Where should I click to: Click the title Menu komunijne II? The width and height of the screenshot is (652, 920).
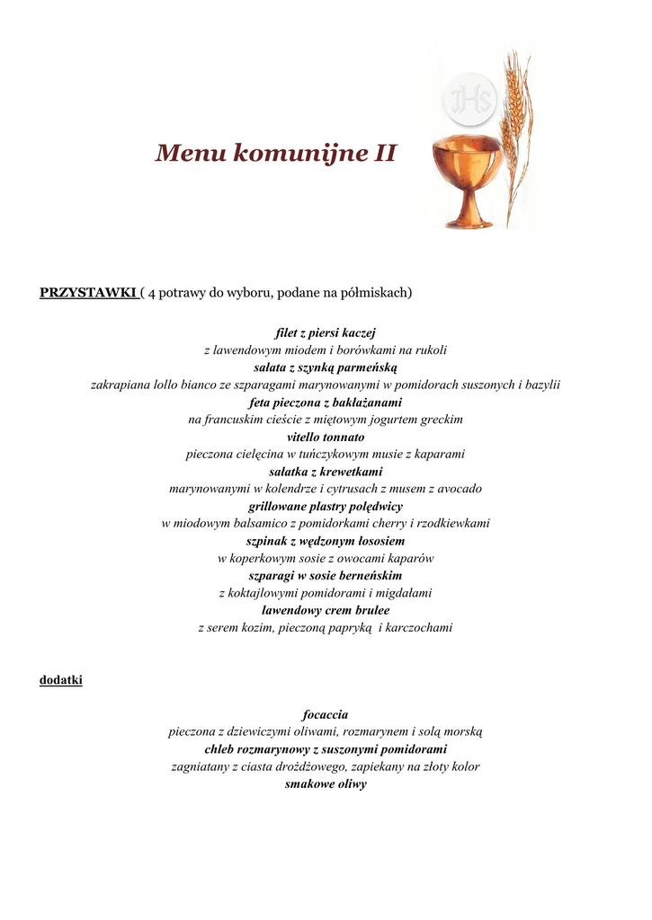click(275, 154)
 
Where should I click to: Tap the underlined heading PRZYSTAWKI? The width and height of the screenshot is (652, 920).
click(87, 293)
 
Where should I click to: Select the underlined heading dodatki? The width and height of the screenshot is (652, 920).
click(61, 680)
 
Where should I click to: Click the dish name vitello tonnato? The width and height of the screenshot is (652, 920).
click(326, 437)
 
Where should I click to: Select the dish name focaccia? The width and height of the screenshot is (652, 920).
click(326, 714)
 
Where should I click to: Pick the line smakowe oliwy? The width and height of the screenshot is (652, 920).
click(326, 784)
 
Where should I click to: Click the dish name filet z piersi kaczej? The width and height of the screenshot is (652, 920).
click(326, 332)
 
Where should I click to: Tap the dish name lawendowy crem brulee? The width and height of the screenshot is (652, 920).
click(326, 611)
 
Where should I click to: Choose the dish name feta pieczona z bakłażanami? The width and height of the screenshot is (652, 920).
click(326, 402)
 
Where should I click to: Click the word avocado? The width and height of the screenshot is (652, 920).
click(458, 489)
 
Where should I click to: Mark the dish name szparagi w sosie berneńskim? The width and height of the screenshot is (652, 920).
click(326, 576)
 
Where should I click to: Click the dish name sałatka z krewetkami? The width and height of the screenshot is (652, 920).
click(326, 472)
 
